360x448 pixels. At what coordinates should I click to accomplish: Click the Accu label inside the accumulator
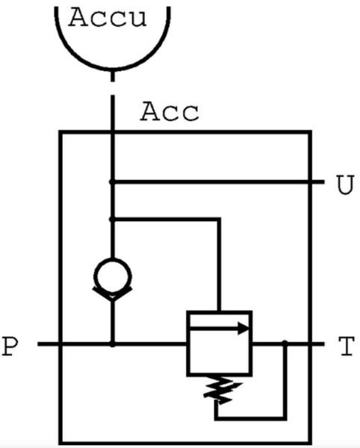(108, 18)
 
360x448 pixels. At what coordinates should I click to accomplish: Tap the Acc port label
(170, 111)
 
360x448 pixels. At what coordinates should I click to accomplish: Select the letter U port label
(346, 185)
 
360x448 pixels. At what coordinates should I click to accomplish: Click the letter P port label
(10, 346)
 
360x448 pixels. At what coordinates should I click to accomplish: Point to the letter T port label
(347, 346)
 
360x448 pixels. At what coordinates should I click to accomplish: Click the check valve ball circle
(113, 276)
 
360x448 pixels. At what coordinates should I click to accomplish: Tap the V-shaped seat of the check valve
(113, 294)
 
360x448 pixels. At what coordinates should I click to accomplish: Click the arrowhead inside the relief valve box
(243, 329)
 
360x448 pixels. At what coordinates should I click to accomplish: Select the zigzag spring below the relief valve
(222, 390)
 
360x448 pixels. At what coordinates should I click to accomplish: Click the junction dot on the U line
(112, 181)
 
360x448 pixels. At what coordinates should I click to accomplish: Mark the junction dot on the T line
(285, 343)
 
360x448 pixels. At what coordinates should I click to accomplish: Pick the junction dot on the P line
(113, 343)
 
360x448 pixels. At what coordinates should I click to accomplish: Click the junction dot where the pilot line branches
(112, 220)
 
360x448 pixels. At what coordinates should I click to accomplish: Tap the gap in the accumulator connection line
(113, 89)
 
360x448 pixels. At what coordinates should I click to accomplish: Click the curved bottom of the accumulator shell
(113, 68)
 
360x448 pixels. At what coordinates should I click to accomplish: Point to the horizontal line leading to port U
(218, 181)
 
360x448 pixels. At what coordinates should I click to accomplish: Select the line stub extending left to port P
(49, 344)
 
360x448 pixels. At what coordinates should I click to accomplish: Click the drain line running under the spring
(250, 419)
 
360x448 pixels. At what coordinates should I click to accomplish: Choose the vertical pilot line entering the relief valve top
(219, 265)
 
